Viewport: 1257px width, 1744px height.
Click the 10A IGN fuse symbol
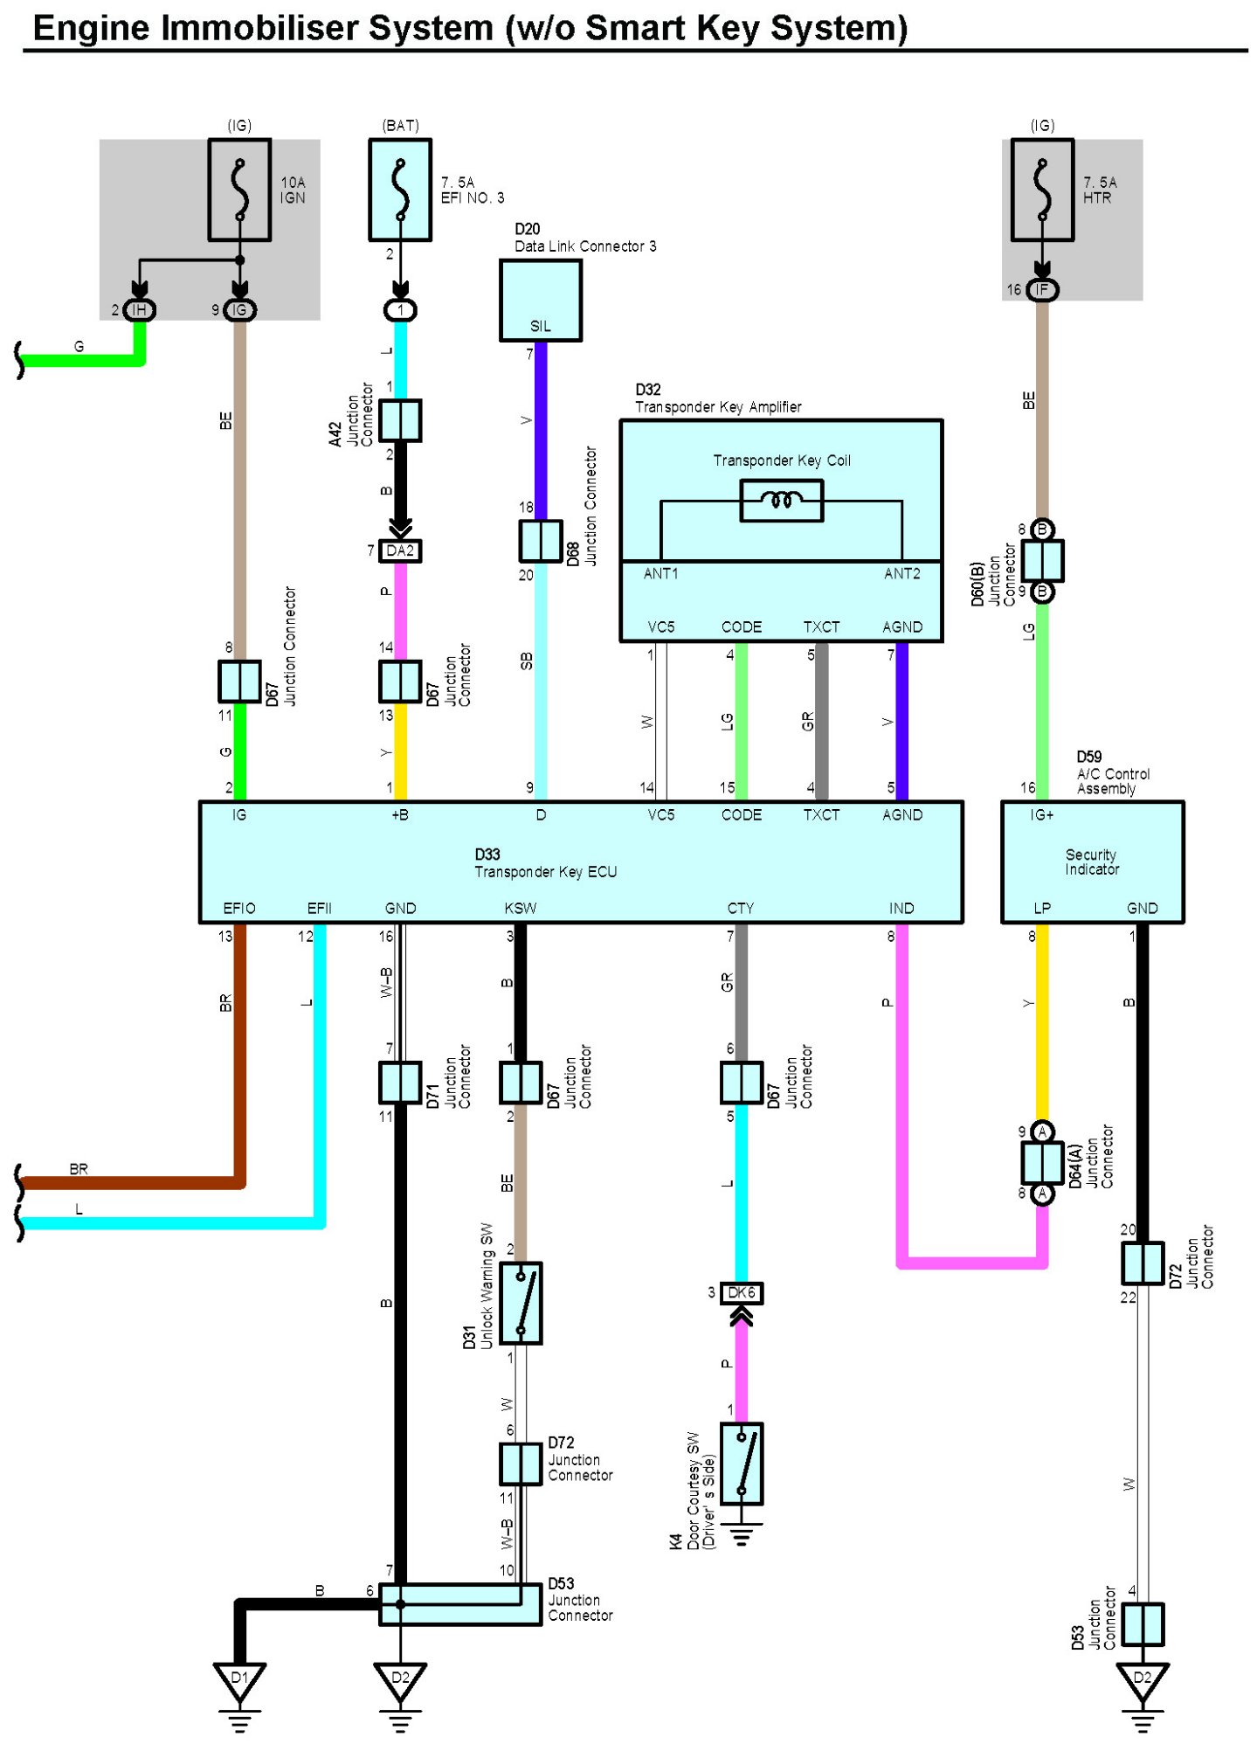tap(238, 190)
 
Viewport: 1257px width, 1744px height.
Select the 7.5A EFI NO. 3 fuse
tap(400, 190)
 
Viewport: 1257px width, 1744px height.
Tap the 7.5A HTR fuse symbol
tap(1042, 190)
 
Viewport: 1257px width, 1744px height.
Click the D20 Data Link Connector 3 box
tap(541, 300)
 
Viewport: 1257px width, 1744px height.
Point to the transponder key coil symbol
tap(782, 501)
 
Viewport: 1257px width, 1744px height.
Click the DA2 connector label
tap(400, 550)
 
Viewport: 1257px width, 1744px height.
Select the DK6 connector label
tap(742, 1292)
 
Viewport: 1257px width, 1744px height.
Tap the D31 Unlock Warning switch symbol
tap(521, 1302)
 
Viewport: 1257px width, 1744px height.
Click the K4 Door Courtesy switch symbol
tap(742, 1464)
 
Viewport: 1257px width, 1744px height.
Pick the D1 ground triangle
tap(239, 1682)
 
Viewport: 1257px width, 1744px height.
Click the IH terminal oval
tap(139, 309)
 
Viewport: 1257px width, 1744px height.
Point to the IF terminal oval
tap(1041, 289)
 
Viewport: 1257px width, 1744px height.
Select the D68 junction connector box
tap(541, 541)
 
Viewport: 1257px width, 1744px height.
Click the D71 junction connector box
tap(400, 1083)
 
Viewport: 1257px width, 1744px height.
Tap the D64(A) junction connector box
tap(1042, 1162)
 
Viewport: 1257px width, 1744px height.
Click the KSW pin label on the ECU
tap(521, 908)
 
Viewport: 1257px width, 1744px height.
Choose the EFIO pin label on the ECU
tap(239, 908)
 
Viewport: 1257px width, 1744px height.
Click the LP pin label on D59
tap(1042, 908)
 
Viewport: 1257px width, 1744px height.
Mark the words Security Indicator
tap(1091, 862)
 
